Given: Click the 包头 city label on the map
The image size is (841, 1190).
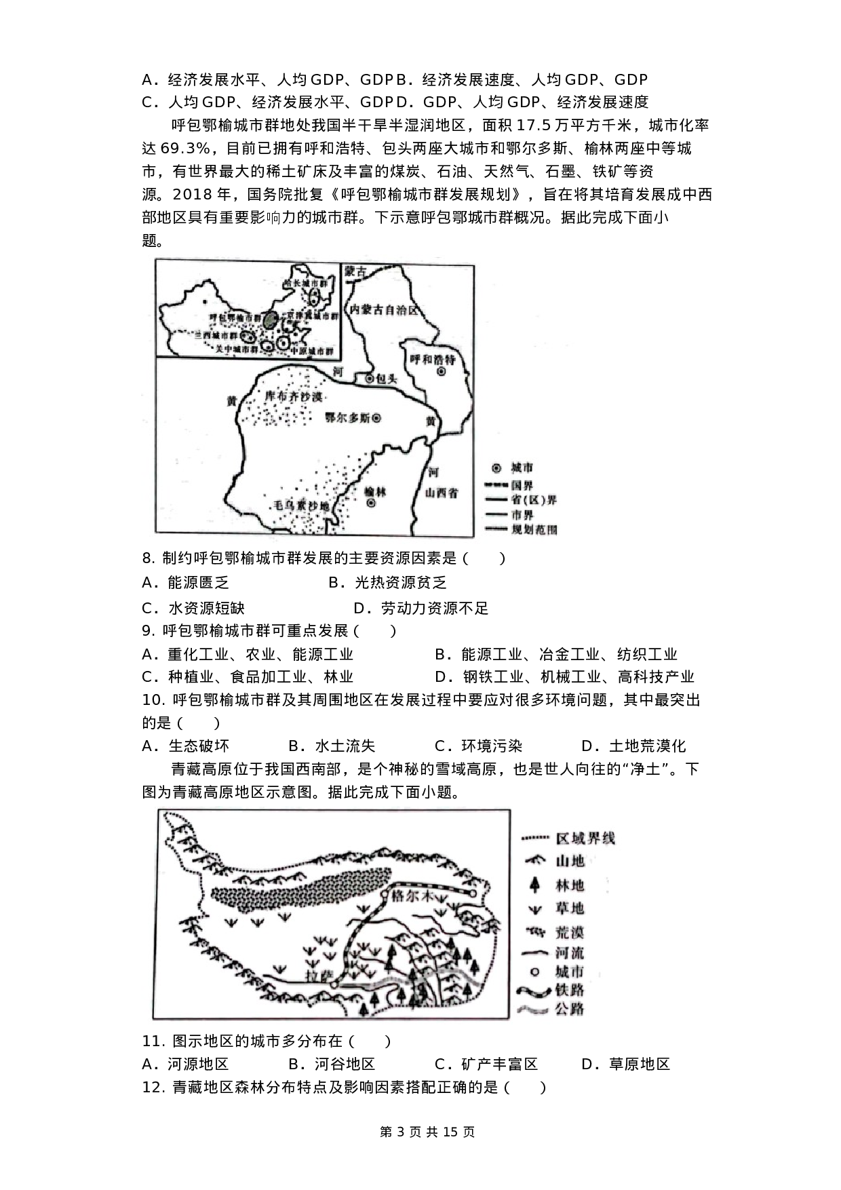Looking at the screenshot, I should tap(385, 379).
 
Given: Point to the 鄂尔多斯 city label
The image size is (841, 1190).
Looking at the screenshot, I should tap(347, 419).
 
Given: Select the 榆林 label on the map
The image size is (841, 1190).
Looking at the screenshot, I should tap(375, 491).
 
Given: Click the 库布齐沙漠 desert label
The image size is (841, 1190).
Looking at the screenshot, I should tap(293, 397).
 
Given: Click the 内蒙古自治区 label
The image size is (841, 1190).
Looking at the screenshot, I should tap(383, 310).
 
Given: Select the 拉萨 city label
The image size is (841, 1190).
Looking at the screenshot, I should tap(319, 976).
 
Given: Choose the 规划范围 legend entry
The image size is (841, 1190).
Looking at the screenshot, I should tap(534, 529).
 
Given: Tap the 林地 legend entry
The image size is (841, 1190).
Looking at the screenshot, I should tap(569, 885).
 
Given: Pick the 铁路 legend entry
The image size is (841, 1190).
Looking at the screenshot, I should tap(569, 990).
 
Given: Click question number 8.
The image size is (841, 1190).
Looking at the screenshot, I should tap(149, 559).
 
